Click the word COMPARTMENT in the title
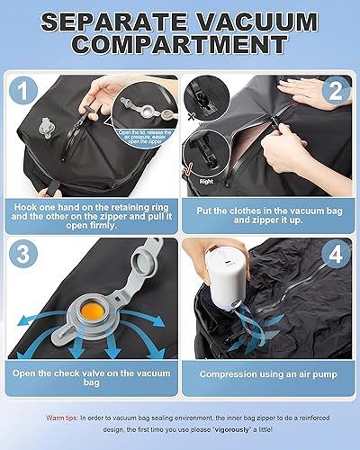(x=180, y=45)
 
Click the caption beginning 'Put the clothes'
(x=267, y=210)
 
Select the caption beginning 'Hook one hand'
(x=93, y=210)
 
